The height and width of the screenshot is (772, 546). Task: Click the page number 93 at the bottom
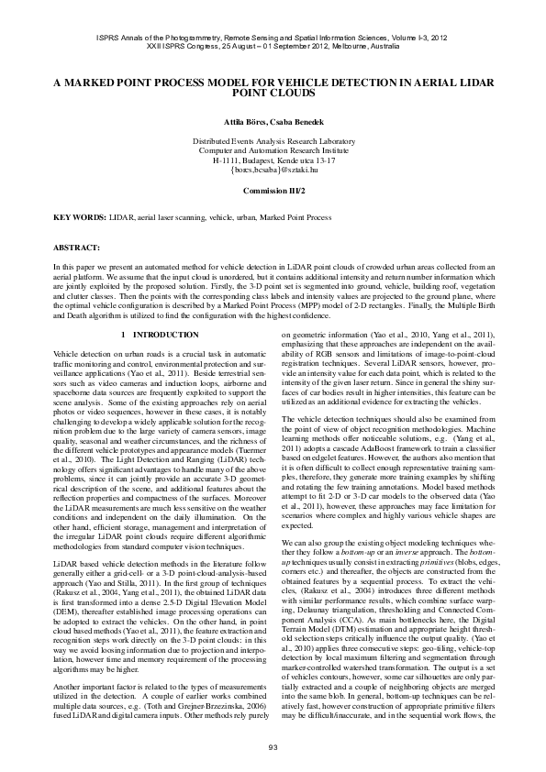(x=273, y=748)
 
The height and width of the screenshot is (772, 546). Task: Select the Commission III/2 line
(x=273, y=191)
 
